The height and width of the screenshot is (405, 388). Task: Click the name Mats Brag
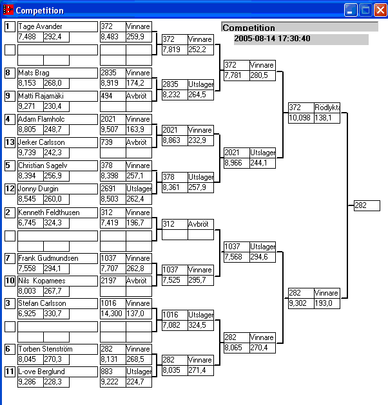(34, 73)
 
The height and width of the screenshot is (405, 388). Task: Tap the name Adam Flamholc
(42, 119)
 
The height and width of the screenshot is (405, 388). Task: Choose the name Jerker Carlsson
(42, 142)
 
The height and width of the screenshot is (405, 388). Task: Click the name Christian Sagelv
(43, 165)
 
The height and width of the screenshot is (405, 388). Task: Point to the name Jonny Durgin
(39, 189)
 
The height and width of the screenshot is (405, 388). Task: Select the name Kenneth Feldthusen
(48, 212)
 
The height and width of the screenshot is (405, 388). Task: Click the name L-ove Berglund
(42, 372)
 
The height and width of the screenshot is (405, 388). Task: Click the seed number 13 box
(10, 142)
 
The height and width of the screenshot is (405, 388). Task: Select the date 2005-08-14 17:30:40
(272, 39)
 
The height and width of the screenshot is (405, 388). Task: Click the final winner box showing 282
(367, 205)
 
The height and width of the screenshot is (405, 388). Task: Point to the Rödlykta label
(327, 108)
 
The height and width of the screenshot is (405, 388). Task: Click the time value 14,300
(113, 314)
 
